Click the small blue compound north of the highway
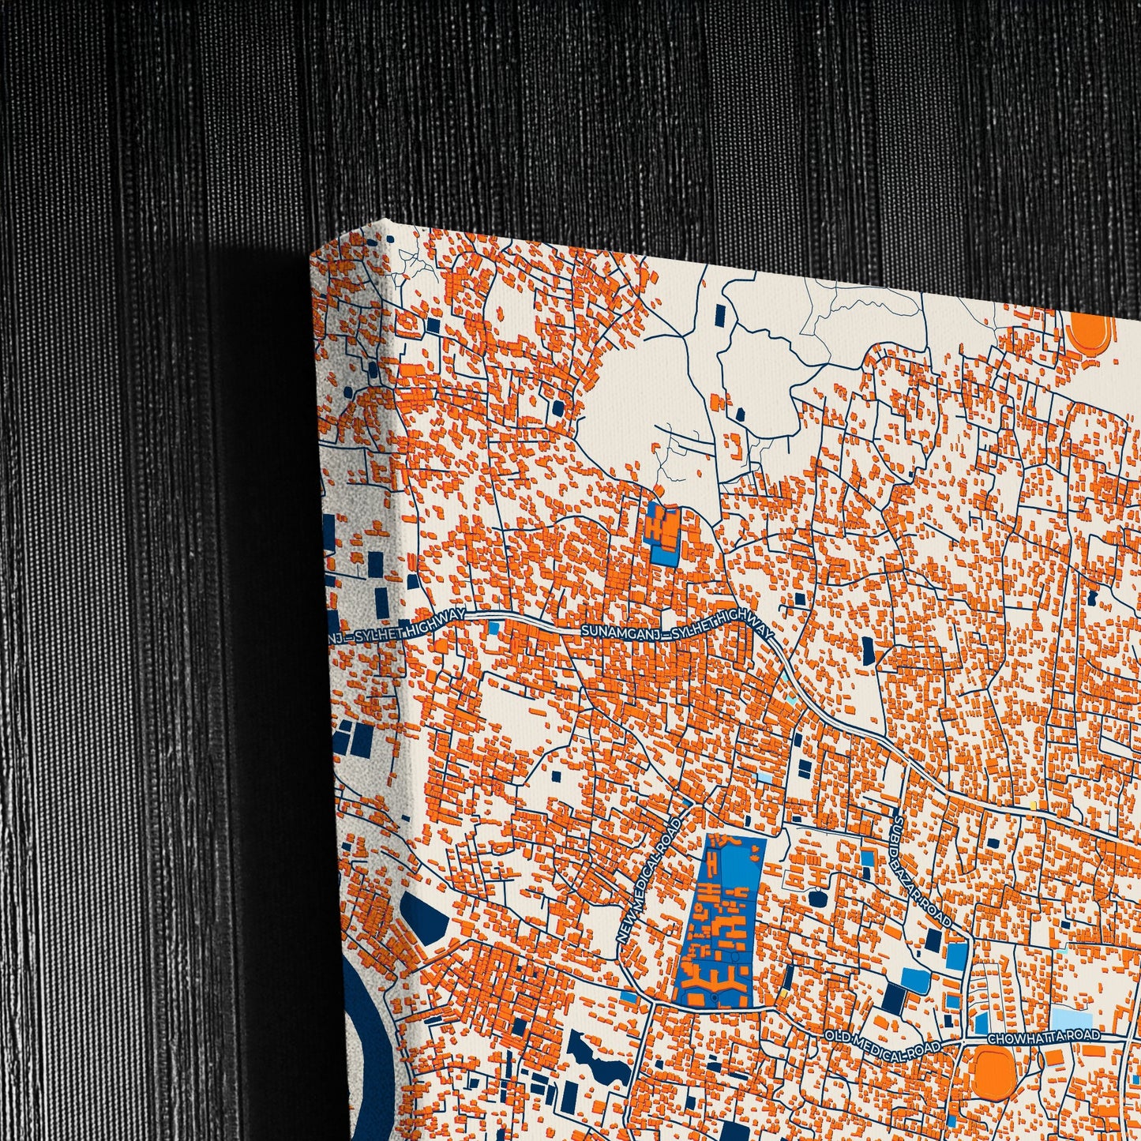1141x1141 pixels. click(662, 534)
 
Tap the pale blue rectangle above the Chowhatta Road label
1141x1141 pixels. click(1070, 1017)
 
